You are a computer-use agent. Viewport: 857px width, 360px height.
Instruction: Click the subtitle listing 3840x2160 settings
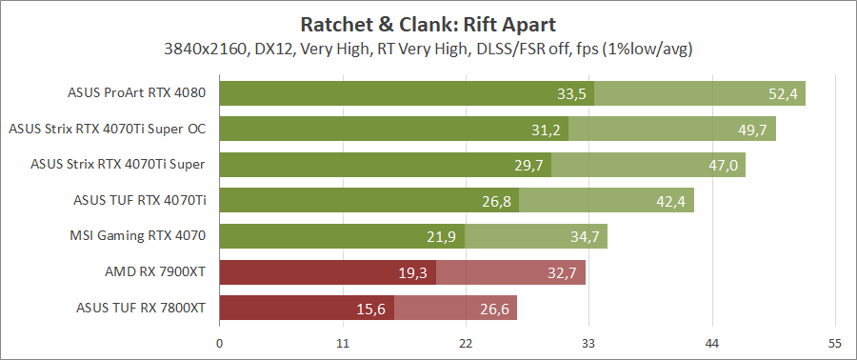[x=428, y=48]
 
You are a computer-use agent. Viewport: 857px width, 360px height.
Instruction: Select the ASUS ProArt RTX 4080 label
[x=137, y=93]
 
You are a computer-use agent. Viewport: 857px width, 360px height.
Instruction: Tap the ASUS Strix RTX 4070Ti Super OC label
[x=107, y=129]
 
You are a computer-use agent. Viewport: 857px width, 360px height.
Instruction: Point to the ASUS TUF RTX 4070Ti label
[x=140, y=200]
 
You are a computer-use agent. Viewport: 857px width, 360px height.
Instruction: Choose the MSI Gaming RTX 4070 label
[x=138, y=235]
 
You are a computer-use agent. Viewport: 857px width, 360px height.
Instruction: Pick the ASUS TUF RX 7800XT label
[x=141, y=307]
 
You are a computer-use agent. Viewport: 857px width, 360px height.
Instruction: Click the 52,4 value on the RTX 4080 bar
[x=782, y=93]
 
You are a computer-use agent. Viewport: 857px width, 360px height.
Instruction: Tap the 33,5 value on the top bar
[x=571, y=93]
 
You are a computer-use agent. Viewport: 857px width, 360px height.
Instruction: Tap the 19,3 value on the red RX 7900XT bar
[x=413, y=271]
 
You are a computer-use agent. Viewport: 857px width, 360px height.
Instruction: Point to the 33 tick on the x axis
[x=588, y=342]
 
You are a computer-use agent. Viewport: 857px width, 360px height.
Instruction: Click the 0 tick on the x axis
[x=220, y=342]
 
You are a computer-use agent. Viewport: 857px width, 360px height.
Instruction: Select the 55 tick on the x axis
[x=834, y=342]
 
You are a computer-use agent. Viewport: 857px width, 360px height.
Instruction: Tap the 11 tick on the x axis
[x=343, y=342]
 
